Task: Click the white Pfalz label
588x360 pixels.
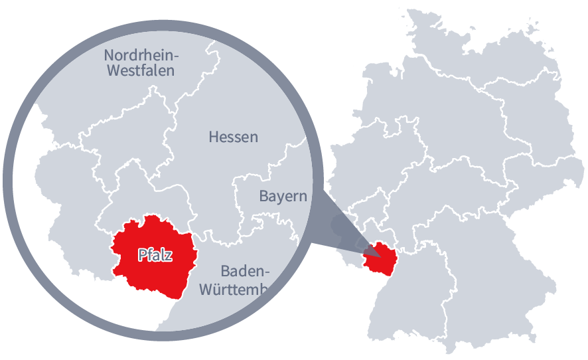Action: tap(155, 254)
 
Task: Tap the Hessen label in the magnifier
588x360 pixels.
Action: tap(233, 137)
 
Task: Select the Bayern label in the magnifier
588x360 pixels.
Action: tap(283, 196)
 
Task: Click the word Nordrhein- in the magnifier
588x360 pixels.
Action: tap(146, 54)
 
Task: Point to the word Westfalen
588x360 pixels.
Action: tap(141, 70)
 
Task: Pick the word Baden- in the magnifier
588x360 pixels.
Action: tap(245, 271)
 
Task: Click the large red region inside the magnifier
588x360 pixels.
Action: tap(153, 272)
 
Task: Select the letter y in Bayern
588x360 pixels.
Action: tap(281, 198)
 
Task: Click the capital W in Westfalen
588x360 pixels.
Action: tap(113, 70)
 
